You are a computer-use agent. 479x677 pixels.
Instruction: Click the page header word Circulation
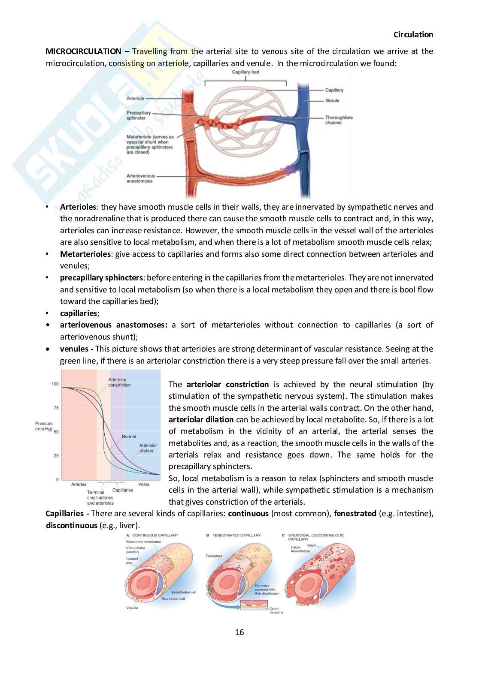[x=413, y=35]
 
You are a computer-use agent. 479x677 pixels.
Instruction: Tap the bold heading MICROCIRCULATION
[x=83, y=51]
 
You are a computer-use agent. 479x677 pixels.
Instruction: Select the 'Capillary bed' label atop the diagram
[x=246, y=72]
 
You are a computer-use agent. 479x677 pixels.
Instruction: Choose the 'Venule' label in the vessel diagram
[x=332, y=100]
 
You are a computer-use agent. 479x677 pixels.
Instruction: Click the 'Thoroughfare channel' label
[x=339, y=120]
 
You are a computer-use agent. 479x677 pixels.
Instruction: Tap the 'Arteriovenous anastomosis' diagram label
[x=141, y=178]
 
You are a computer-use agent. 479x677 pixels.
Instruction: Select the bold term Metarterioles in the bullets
[x=85, y=254]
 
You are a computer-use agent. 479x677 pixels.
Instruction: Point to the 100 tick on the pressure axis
[x=55, y=384]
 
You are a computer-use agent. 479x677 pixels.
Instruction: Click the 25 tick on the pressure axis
[x=56, y=456]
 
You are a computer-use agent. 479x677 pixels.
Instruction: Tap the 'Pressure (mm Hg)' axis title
[x=44, y=426]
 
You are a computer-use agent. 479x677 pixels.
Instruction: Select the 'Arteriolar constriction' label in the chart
[x=119, y=382]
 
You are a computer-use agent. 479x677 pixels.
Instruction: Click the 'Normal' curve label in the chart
[x=129, y=436]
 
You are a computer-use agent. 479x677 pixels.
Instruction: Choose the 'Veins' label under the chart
[x=144, y=484]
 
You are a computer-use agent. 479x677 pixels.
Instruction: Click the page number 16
[x=240, y=632]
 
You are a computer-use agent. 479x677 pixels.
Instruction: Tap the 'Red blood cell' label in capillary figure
[x=173, y=599]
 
